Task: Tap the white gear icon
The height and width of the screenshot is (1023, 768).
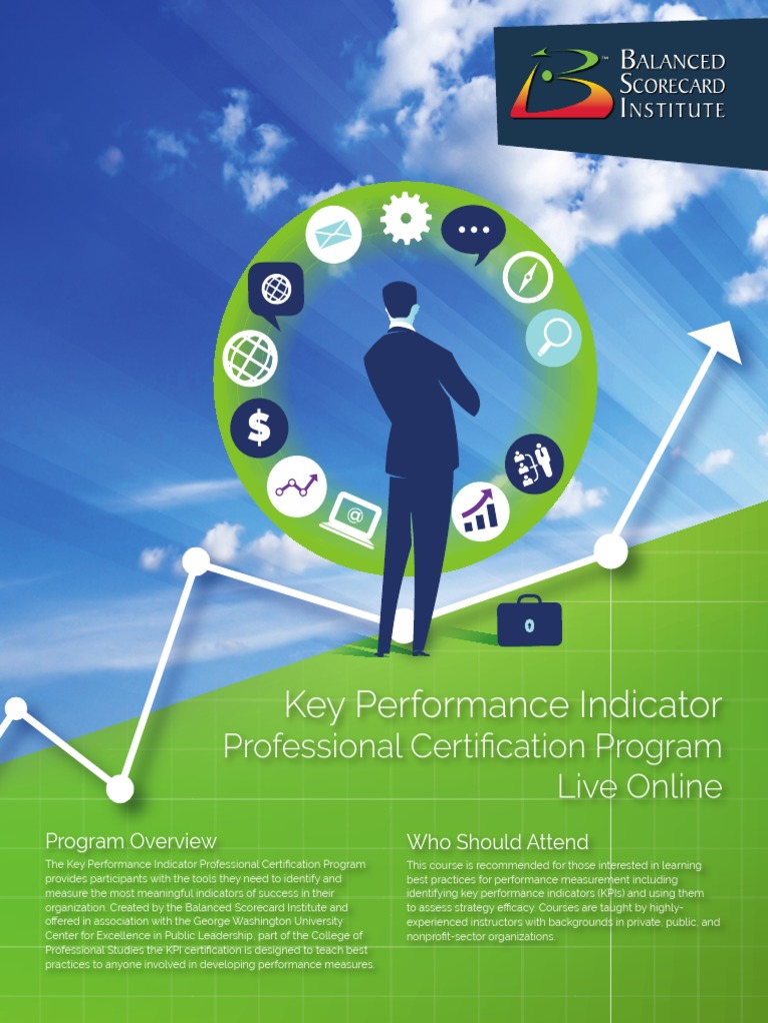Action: tap(406, 218)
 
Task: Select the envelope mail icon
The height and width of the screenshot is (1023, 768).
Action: tap(333, 235)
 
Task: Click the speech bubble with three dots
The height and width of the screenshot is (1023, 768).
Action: tap(472, 231)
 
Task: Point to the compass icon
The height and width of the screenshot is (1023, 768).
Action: tap(527, 276)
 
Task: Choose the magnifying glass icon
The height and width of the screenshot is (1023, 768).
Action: tap(553, 337)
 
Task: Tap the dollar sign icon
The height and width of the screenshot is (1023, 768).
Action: tap(259, 428)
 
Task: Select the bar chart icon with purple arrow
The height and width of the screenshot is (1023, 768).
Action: tap(480, 511)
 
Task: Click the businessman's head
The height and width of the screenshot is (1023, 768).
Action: tap(400, 301)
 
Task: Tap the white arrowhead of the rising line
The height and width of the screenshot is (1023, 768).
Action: tap(719, 341)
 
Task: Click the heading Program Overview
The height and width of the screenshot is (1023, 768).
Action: tap(131, 841)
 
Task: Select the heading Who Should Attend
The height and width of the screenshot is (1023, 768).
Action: tap(497, 841)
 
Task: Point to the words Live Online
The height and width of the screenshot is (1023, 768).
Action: tap(640, 786)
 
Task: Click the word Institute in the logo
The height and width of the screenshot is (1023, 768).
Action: tap(672, 109)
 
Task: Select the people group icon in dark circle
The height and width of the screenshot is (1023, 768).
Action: tap(534, 463)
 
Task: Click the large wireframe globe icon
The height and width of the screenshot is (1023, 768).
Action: tap(250, 358)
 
